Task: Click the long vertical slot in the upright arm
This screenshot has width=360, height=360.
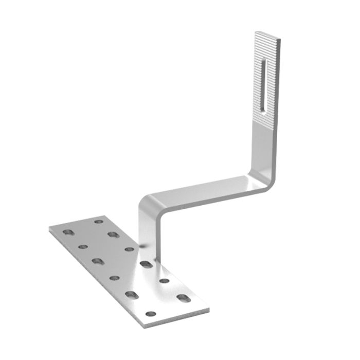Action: click(264, 85)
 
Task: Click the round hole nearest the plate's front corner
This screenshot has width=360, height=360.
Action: click(150, 314)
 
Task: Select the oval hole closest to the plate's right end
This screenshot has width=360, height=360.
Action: click(182, 297)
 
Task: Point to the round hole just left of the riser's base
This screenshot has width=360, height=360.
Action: click(129, 249)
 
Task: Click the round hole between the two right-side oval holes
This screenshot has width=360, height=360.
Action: click(165, 281)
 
